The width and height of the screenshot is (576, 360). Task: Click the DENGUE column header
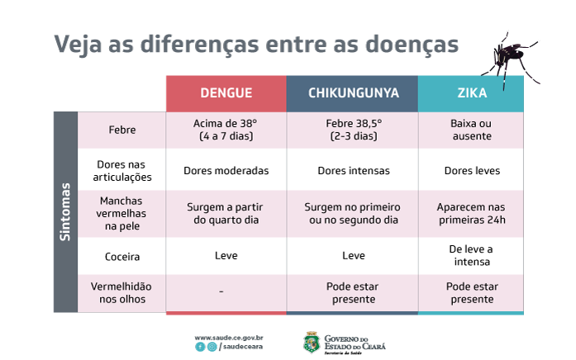click(x=226, y=92)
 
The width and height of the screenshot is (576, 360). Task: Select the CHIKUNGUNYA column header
click(x=354, y=92)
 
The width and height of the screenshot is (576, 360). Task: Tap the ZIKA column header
click(x=472, y=92)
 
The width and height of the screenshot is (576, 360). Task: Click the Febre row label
click(x=122, y=130)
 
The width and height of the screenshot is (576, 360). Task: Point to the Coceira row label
click(x=122, y=257)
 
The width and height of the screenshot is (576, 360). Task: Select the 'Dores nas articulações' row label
click(x=122, y=171)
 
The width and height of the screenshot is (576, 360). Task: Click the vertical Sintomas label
click(x=65, y=212)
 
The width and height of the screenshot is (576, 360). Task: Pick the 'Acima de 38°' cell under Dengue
click(x=226, y=130)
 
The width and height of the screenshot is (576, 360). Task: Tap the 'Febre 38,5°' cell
click(x=354, y=130)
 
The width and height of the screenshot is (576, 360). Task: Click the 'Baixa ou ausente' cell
click(x=472, y=130)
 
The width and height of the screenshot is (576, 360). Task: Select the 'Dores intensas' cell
click(x=354, y=171)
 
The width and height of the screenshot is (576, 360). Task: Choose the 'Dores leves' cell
click(x=472, y=171)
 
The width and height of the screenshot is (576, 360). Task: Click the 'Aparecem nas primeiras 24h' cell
click(x=472, y=213)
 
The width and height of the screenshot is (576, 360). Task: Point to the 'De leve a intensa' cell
click(x=472, y=255)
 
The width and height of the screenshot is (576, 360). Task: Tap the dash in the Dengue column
click(x=221, y=291)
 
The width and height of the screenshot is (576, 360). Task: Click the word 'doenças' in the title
click(x=412, y=45)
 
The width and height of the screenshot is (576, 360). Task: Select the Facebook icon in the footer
click(x=200, y=347)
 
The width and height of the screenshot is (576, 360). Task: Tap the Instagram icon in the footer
click(x=212, y=347)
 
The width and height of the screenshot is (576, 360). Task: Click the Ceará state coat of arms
click(x=312, y=343)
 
